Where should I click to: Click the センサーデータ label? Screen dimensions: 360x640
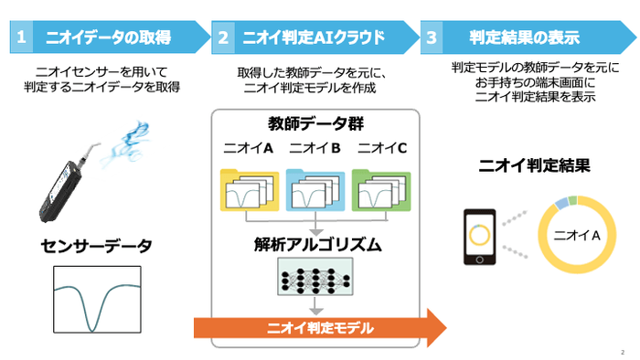[96, 246]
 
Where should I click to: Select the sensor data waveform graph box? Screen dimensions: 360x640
[97, 301]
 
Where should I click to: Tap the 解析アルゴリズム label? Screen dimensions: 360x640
[315, 244]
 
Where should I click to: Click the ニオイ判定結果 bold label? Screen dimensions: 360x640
[535, 166]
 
